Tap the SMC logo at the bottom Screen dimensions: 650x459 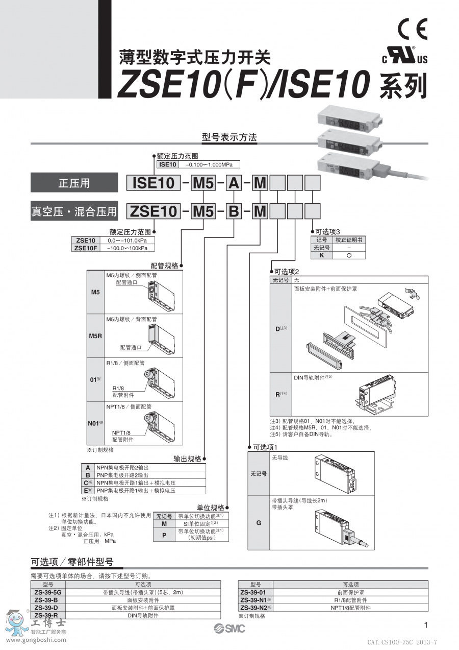[229, 629]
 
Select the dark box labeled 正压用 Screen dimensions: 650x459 [74, 183]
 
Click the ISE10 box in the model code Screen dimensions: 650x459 [154, 183]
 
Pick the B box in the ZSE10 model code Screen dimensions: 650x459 [233, 210]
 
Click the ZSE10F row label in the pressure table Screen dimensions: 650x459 [86, 248]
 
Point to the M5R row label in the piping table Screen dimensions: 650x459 [95, 336]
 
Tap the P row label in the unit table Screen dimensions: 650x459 [164, 535]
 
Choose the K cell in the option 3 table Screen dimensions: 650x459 [321, 255]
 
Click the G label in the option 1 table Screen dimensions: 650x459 [259, 523]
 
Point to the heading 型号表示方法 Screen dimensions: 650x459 [229, 137]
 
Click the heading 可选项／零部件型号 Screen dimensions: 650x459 [72, 562]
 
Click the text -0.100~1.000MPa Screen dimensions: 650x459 [209, 164]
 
